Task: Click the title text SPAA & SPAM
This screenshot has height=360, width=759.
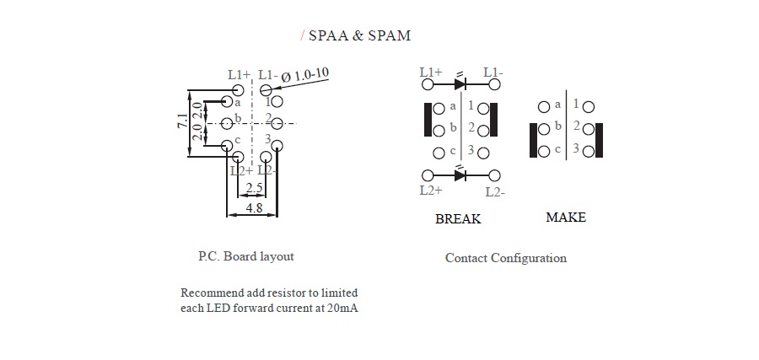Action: point(359,35)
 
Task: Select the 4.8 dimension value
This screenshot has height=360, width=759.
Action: point(252,207)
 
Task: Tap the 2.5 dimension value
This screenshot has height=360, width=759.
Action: point(254,188)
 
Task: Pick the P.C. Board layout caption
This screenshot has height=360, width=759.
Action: point(245,256)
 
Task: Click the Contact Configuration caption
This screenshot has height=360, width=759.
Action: point(505,258)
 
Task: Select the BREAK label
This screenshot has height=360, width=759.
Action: point(458,219)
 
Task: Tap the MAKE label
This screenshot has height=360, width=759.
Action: point(565,218)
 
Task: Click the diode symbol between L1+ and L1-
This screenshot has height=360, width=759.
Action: point(460,83)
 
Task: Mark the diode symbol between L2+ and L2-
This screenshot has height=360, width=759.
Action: point(460,175)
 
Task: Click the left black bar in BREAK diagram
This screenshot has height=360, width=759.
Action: point(427,119)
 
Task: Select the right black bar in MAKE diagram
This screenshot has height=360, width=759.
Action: point(600,140)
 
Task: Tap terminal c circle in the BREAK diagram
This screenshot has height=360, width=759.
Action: point(439,153)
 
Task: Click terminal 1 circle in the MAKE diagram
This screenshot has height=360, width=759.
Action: point(588,107)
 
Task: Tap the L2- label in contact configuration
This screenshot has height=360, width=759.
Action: point(495,191)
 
